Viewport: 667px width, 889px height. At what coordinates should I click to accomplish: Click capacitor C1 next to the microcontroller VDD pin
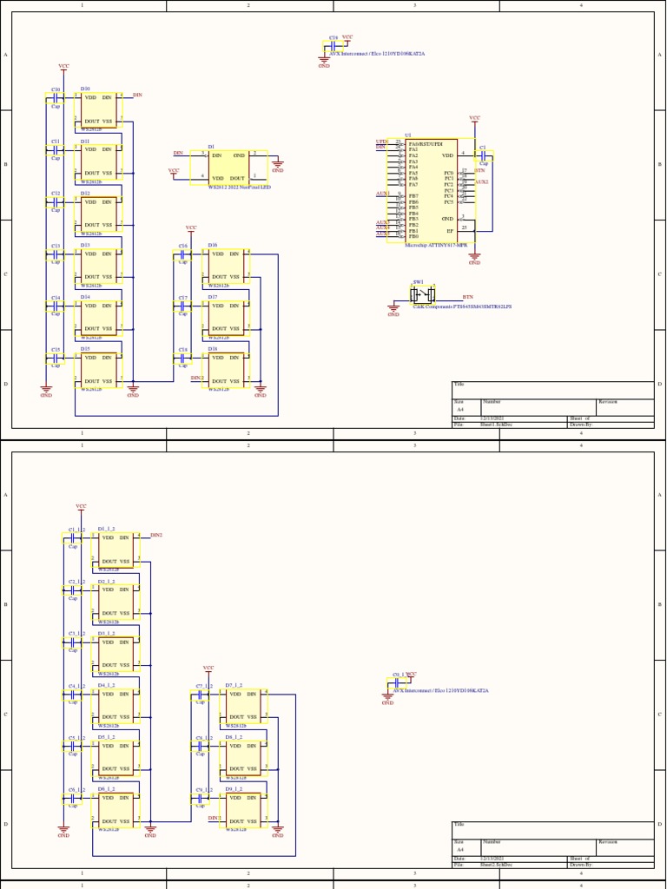pyautogui.click(x=484, y=156)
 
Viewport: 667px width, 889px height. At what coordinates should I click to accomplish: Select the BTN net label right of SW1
pyautogui.click(x=468, y=297)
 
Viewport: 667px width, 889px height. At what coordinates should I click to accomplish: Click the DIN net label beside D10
pyautogui.click(x=137, y=94)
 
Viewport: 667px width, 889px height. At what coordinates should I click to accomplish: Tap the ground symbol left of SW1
pyautogui.click(x=393, y=309)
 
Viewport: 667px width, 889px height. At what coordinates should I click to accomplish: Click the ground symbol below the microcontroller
pyautogui.click(x=474, y=258)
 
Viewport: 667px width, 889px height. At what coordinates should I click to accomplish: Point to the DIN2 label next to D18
pyautogui.click(x=197, y=378)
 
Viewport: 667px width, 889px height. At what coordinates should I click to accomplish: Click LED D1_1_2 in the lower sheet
pyautogui.click(x=116, y=550)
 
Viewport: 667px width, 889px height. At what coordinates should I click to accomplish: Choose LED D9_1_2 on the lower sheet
pyautogui.click(x=242, y=809)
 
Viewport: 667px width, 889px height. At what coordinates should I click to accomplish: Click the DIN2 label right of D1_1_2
pyautogui.click(x=156, y=535)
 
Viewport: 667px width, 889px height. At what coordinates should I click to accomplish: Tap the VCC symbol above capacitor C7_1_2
pyautogui.click(x=208, y=669)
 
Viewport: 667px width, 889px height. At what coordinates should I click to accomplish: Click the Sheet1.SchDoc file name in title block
pyautogui.click(x=496, y=425)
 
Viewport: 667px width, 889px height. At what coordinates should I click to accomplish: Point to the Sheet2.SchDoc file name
pyautogui.click(x=496, y=865)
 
